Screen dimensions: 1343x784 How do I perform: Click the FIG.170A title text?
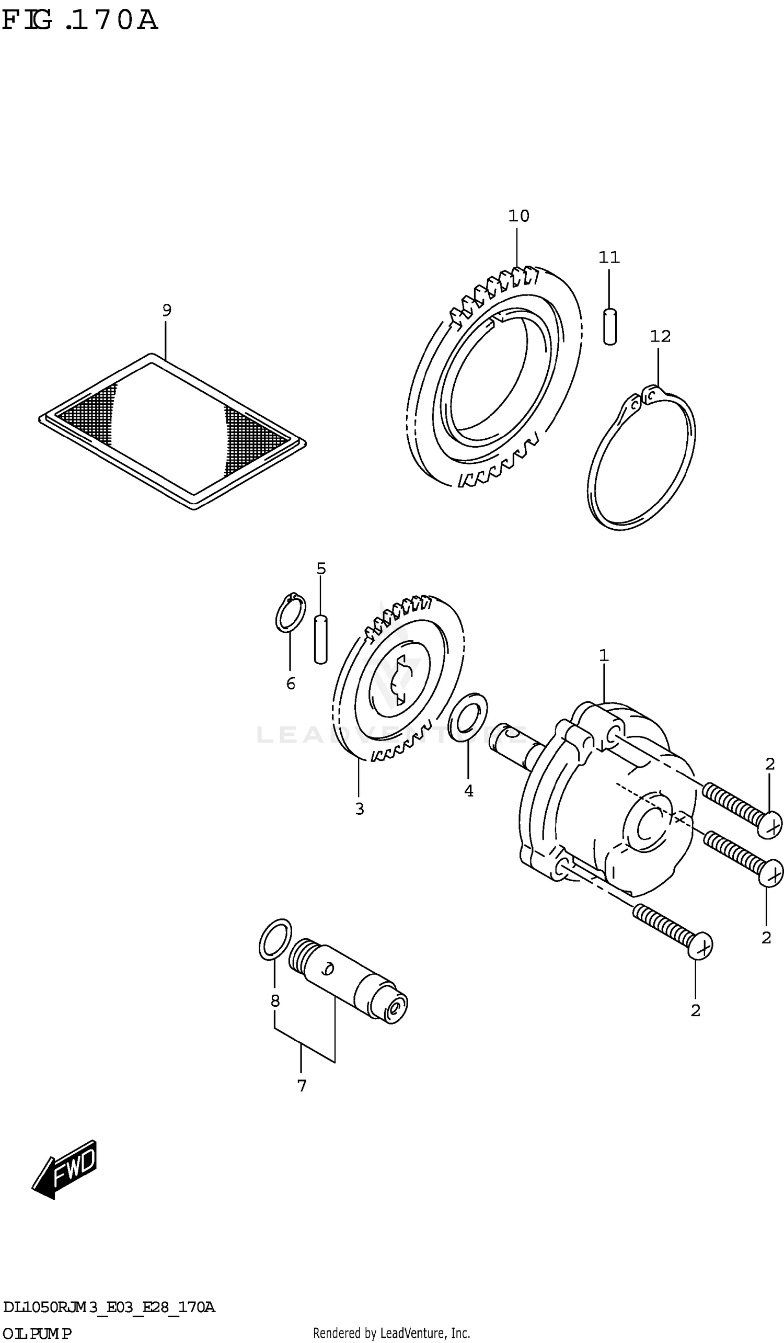80,20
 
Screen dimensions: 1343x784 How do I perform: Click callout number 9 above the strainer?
167,310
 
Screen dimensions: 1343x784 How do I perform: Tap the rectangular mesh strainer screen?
171,430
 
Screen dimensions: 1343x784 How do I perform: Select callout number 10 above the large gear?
518,217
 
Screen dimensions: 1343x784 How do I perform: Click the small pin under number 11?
610,326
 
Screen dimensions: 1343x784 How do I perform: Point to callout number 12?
660,336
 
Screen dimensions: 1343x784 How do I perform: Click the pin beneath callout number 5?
320,639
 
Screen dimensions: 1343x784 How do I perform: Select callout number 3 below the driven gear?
360,809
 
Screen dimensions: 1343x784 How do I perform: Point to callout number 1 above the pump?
604,655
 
